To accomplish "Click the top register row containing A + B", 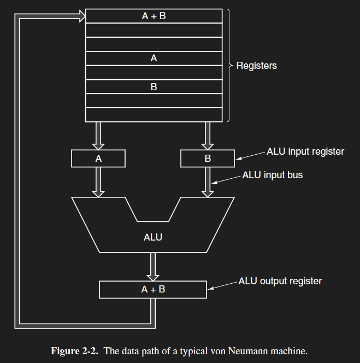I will coord(154,16).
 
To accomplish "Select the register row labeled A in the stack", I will coord(154,58).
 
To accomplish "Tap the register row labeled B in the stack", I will coord(154,86).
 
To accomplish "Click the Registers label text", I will coord(256,66).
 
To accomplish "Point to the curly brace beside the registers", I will coord(229,66).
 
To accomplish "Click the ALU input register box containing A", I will coord(98,159).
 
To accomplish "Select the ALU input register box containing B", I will coord(208,159).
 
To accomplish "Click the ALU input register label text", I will coord(305,151).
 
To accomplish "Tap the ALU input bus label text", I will coord(272,175).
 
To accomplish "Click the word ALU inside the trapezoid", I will coord(153,238).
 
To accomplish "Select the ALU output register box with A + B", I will coord(153,289).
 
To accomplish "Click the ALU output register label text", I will coord(280,282).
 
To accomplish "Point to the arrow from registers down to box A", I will coord(98,136).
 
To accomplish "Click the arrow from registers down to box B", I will coord(208,136).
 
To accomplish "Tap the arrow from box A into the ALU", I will coord(98,182).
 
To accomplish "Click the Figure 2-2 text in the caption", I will coord(74,351).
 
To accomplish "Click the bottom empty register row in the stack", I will coord(154,115).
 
